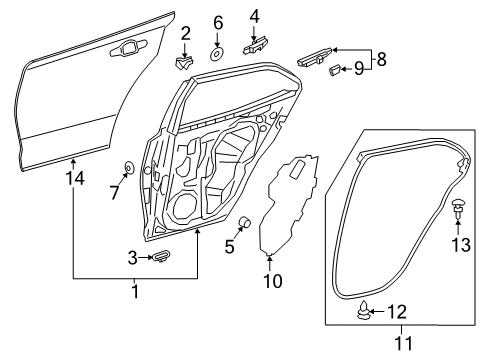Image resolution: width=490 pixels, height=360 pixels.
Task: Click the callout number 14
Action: (76, 177)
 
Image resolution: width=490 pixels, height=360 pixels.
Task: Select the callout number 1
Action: (136, 290)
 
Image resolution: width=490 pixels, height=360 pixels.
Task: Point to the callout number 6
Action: (218, 22)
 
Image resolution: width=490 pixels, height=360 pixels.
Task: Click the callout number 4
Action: (254, 15)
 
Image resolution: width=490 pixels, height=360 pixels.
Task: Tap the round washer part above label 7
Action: (130, 167)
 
